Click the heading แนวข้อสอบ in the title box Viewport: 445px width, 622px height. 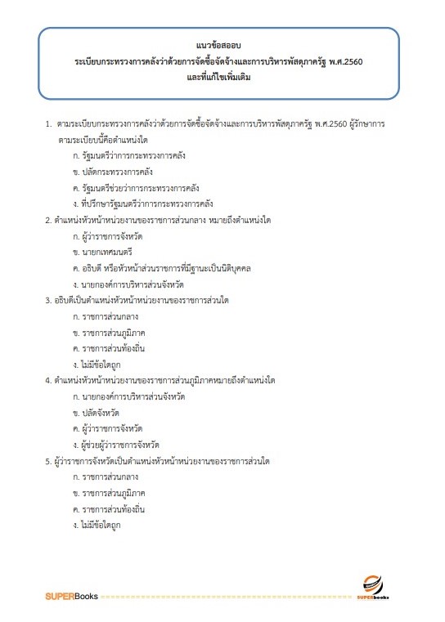222,45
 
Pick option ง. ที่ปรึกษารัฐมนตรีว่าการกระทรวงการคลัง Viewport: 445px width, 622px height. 142,203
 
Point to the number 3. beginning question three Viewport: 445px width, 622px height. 48,300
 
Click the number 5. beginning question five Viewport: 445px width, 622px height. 48,460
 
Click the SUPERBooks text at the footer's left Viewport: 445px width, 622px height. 71,596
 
